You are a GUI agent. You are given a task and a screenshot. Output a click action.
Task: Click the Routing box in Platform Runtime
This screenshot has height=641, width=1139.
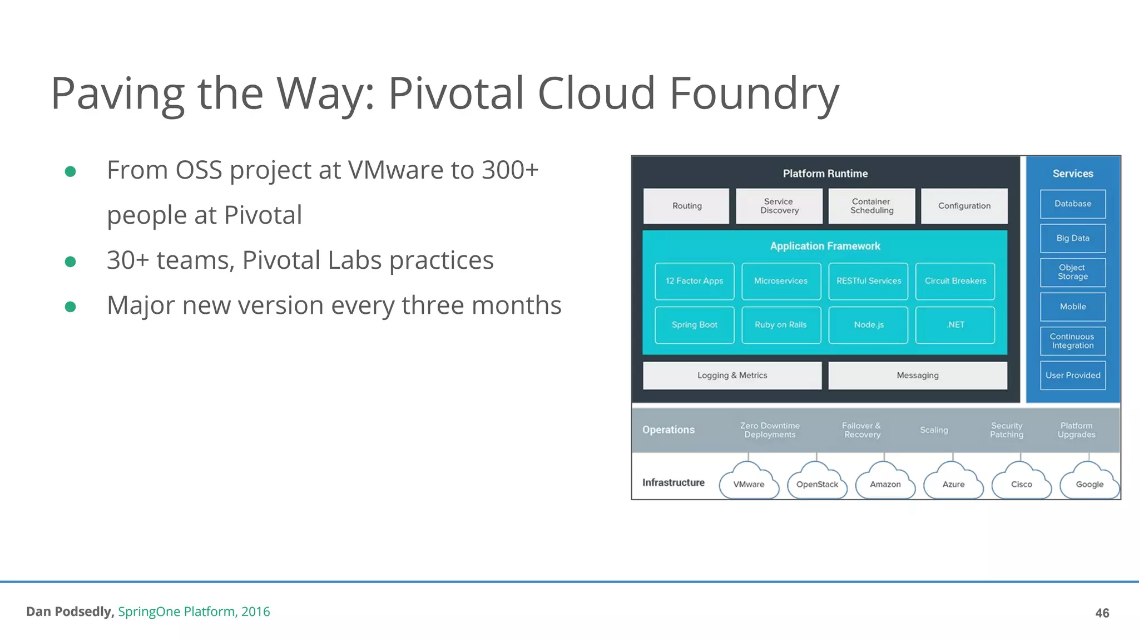pyautogui.click(x=686, y=206)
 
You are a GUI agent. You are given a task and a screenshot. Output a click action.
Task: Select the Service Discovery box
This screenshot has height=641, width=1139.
pyautogui.click(x=779, y=206)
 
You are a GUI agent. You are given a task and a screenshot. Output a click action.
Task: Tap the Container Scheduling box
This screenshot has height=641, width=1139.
pyautogui.click(x=871, y=206)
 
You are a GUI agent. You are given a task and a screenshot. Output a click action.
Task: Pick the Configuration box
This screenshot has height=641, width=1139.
pyautogui.click(x=964, y=206)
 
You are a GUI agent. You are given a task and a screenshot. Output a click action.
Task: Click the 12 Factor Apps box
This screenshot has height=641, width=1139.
pyautogui.click(x=694, y=281)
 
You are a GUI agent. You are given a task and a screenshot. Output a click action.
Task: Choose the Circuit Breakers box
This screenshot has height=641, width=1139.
pyautogui.click(x=955, y=281)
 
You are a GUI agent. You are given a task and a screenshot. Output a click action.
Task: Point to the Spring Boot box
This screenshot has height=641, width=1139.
pyautogui.click(x=694, y=325)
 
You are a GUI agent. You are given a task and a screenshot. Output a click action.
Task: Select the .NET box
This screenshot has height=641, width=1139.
pyautogui.click(x=955, y=325)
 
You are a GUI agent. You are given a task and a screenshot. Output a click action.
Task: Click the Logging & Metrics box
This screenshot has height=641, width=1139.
pyautogui.click(x=732, y=376)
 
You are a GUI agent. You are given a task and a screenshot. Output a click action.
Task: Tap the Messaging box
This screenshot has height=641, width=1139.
pyautogui.click(x=917, y=376)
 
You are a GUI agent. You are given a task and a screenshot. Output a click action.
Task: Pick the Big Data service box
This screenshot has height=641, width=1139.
pyautogui.click(x=1073, y=238)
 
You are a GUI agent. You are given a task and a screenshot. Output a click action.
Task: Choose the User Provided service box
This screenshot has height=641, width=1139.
pyautogui.click(x=1073, y=376)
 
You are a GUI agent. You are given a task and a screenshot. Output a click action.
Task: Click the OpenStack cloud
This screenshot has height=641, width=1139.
pyautogui.click(x=817, y=484)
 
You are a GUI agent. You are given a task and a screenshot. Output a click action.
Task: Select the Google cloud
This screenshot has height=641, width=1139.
pyautogui.click(x=1089, y=484)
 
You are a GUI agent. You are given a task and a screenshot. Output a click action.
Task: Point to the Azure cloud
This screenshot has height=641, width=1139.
pyautogui.click(x=953, y=484)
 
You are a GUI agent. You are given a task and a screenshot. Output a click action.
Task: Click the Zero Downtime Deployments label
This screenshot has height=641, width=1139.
pyautogui.click(x=770, y=430)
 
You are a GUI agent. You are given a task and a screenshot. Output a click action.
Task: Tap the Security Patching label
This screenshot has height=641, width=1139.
pyautogui.click(x=1007, y=430)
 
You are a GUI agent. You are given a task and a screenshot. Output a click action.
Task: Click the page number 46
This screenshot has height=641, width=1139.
pyautogui.click(x=1102, y=613)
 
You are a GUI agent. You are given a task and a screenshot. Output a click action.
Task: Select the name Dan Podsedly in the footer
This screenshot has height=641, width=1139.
pyautogui.click(x=70, y=612)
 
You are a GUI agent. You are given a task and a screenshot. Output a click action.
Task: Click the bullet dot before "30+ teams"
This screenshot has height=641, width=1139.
pyautogui.click(x=70, y=262)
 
